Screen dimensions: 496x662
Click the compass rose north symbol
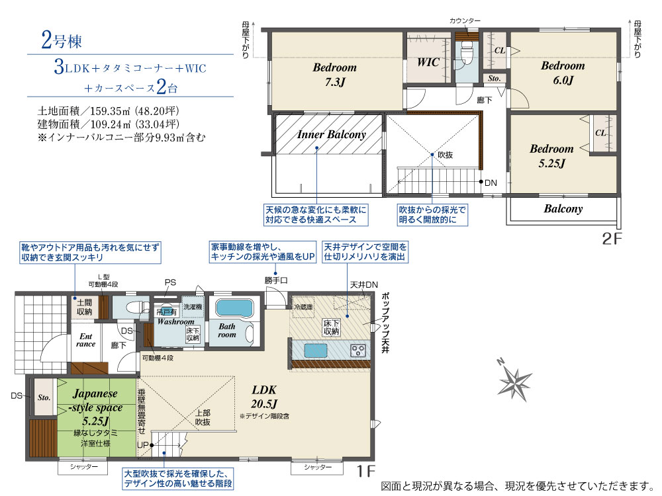(515, 380)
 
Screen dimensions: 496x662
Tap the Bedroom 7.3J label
(334, 74)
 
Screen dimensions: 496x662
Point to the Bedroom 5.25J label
(551, 155)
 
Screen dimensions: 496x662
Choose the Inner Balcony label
(331, 134)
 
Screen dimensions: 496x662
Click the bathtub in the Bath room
(235, 309)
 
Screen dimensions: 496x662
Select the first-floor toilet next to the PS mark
(130, 308)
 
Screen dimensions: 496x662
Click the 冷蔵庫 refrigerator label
(304, 308)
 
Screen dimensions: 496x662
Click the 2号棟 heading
(61, 41)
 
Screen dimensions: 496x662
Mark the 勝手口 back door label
(276, 280)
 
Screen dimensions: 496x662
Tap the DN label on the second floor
(491, 183)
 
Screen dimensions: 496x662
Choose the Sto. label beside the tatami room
(44, 398)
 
